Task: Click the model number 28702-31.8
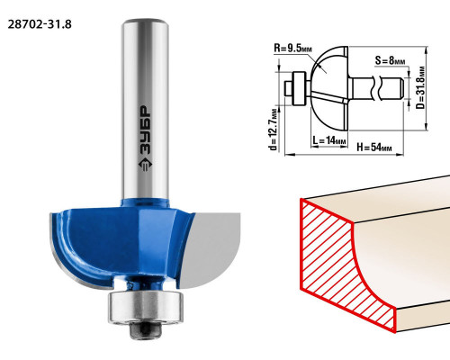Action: [x=40, y=24]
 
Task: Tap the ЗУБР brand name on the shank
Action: [x=145, y=130]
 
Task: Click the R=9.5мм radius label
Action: [x=293, y=48]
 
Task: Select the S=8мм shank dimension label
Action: [x=390, y=60]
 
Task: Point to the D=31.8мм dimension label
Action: [x=421, y=87]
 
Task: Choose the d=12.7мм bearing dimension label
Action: [x=273, y=129]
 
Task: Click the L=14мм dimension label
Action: [x=329, y=140]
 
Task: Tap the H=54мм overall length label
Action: [x=374, y=147]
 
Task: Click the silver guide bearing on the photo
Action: [x=146, y=307]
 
